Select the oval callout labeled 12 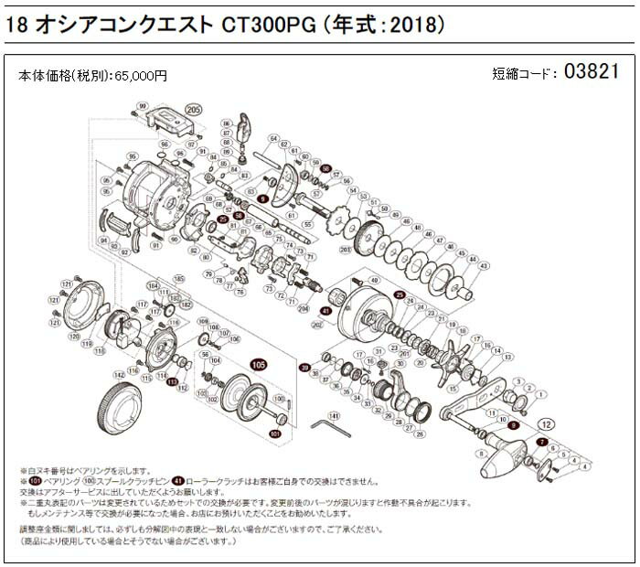coord(547,423)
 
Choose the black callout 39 coord(304,367)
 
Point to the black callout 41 coord(325,311)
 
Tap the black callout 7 coord(541,442)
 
